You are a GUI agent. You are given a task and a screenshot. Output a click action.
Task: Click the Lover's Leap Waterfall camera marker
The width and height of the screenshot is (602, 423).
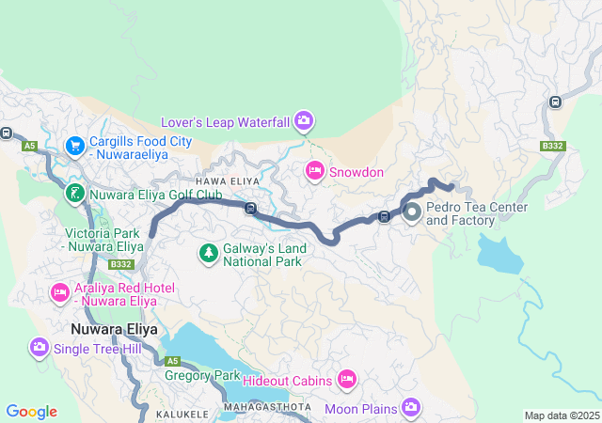tap(303, 119)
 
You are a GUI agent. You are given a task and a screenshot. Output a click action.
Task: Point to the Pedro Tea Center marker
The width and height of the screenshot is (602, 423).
tap(413, 213)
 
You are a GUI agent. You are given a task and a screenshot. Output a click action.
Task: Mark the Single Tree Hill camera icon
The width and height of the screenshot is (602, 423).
tap(40, 347)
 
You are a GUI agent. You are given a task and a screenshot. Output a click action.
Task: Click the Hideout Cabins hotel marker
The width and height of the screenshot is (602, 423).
tap(347, 379)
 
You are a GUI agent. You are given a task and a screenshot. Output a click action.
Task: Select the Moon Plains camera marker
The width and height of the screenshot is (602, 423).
tap(411, 406)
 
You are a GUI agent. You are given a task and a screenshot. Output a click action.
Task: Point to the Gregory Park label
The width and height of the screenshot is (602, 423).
tap(202, 375)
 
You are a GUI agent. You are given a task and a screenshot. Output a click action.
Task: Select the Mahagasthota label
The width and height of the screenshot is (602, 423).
tap(267, 407)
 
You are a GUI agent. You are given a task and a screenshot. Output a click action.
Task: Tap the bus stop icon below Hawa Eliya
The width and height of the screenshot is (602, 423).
tap(250, 209)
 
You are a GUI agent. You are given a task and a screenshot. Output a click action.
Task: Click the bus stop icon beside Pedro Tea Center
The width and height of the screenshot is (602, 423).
tap(384, 217)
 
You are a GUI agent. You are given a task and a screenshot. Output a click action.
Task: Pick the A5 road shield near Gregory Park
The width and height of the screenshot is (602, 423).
tap(172, 361)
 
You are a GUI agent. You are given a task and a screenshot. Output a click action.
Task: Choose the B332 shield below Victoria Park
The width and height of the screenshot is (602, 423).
tap(119, 265)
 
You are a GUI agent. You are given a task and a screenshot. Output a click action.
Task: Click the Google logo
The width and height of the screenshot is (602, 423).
tap(31, 411)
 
